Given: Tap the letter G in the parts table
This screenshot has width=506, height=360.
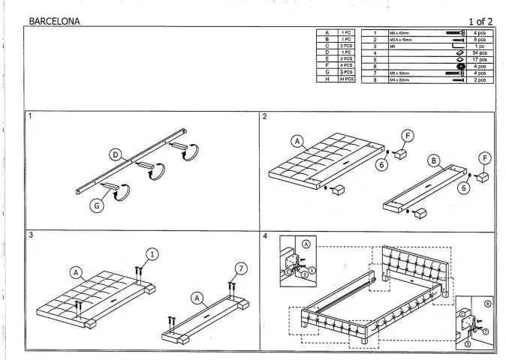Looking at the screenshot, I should [x=327, y=72].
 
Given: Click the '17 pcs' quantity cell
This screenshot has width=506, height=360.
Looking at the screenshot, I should [x=481, y=59].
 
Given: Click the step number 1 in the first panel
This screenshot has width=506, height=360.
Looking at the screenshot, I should [x=30, y=117].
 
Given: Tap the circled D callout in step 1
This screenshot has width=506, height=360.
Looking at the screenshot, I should [x=115, y=154].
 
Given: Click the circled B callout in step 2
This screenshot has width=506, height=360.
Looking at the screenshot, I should [x=434, y=160].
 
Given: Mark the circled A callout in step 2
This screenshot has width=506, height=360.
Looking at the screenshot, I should [x=297, y=141].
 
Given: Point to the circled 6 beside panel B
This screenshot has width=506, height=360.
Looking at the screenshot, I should [x=465, y=190].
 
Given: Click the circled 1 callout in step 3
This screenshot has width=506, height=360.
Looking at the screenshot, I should [x=152, y=254].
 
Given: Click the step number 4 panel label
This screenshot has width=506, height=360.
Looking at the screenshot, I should [x=265, y=235].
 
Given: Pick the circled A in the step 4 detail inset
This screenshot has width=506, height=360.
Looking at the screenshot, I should [x=307, y=244].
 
